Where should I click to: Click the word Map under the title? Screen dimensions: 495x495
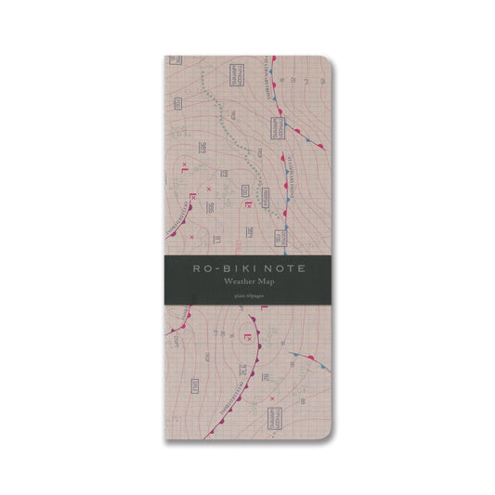point(267,280)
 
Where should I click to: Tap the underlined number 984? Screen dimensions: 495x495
point(250,231)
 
